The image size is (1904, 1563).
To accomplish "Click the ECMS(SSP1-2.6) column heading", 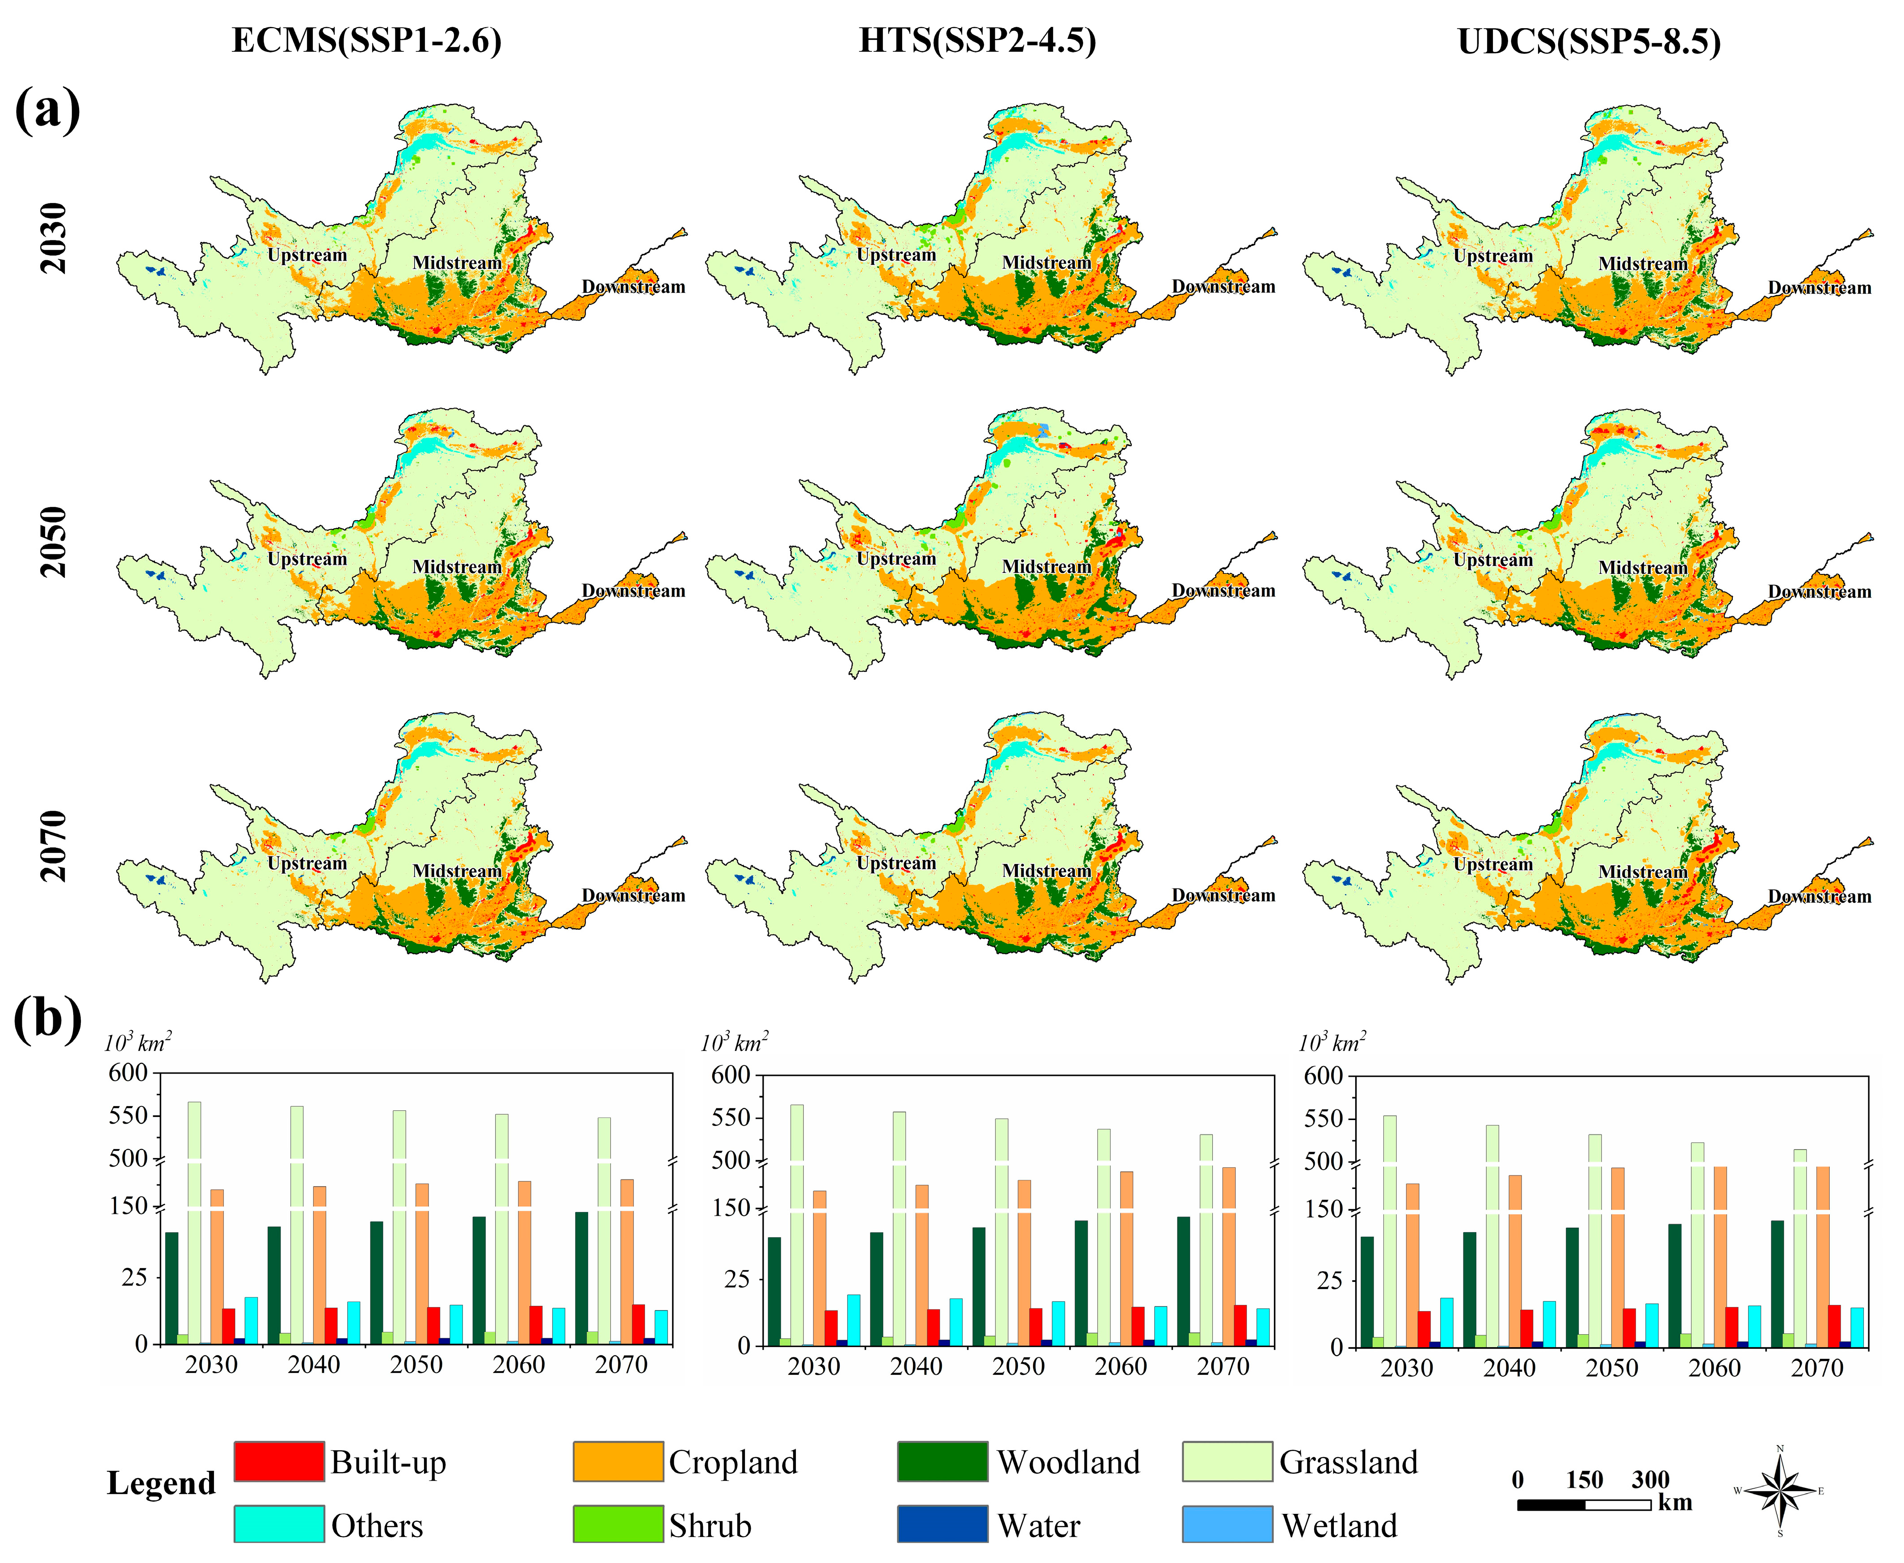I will click(366, 41).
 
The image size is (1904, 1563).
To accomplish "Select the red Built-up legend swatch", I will click(279, 1461).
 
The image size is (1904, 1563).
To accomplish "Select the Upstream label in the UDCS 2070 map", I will click(1492, 864).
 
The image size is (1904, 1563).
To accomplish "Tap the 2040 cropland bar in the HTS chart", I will click(922, 1265).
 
